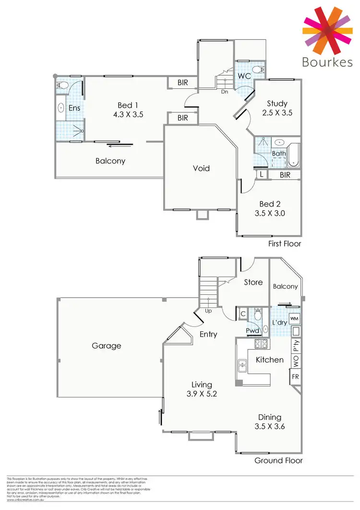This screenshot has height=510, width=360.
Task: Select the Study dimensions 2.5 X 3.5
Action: [277, 113]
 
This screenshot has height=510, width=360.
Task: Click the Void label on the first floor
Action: [201, 168]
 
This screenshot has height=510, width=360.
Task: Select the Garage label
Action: [107, 345]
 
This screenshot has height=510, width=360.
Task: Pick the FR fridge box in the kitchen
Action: [295, 377]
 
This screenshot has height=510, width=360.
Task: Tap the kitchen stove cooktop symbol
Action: [261, 343]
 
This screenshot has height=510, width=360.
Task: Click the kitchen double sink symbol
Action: [242, 367]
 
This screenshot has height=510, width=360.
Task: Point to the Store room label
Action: [253, 282]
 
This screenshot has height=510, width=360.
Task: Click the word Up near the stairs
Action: [209, 311]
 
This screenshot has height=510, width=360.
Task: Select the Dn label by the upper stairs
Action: [224, 92]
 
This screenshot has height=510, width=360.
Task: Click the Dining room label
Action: [269, 417]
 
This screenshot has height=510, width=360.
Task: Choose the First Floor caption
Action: [285, 243]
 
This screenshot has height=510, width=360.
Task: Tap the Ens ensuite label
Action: [74, 108]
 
